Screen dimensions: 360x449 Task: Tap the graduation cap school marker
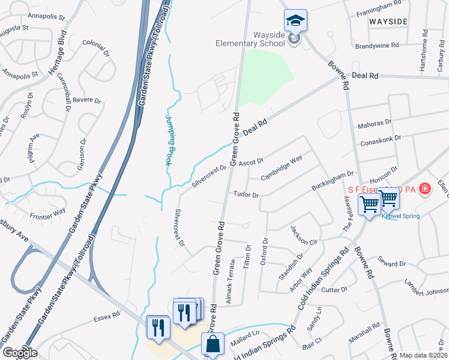295,22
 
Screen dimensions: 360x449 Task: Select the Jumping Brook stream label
171,140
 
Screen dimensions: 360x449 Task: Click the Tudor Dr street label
246,195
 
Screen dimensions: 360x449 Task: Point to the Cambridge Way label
281,167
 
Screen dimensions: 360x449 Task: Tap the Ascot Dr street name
251,163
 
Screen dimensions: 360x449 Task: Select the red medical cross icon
425,189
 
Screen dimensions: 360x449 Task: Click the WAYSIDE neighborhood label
388,22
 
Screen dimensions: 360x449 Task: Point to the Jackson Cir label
303,235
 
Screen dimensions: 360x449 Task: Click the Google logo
19,353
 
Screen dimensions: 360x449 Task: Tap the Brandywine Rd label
377,46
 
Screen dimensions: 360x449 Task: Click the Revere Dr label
86,100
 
